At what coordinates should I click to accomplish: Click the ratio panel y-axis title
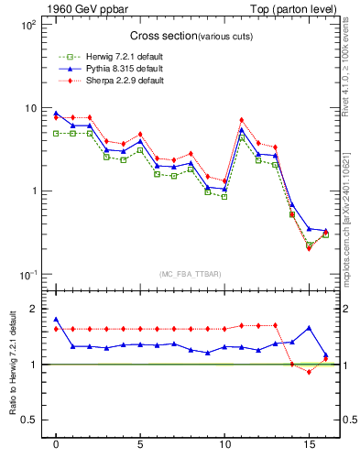(12, 367)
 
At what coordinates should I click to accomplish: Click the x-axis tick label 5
(140, 446)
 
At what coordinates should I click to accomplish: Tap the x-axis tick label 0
(56, 446)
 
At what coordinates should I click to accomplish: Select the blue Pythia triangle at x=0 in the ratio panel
(56, 320)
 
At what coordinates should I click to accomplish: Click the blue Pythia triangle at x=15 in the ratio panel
(309, 327)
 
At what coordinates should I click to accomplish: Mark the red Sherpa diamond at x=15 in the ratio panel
(309, 372)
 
